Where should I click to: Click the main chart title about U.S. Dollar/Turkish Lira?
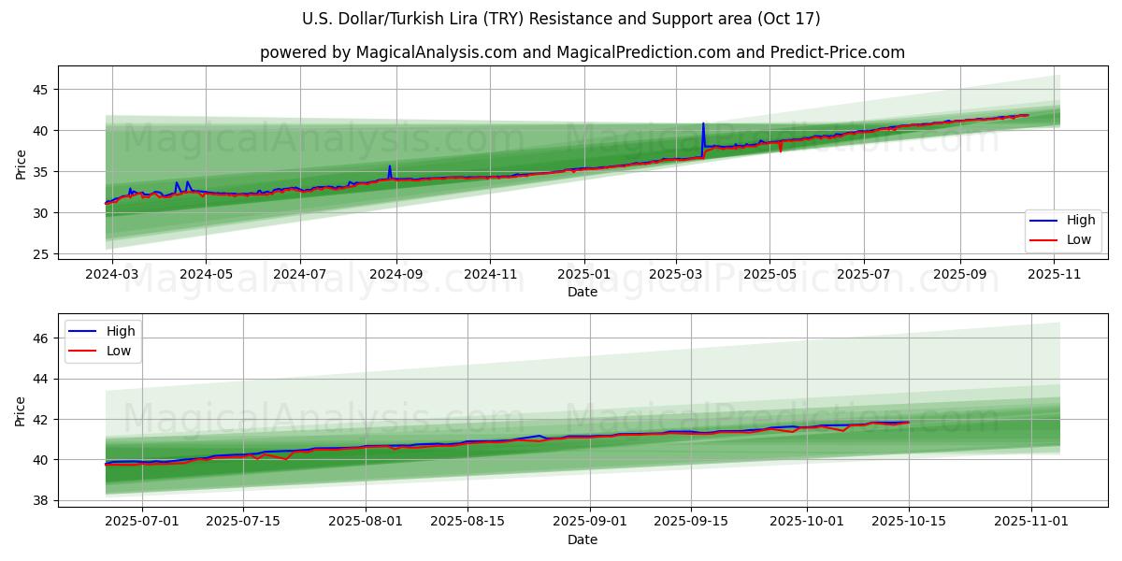pos(561,19)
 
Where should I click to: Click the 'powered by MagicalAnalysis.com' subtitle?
pos(582,52)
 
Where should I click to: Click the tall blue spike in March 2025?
pos(703,124)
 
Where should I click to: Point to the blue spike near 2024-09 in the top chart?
pos(390,167)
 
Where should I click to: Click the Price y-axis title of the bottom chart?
pos(21,410)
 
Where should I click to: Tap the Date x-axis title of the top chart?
pos(582,293)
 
